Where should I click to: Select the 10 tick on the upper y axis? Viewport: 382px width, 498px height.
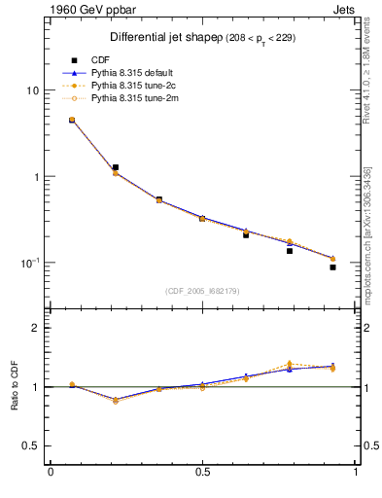[x=32, y=90]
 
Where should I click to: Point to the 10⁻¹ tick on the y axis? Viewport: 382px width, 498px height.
[x=29, y=263]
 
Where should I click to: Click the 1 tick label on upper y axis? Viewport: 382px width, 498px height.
[x=35, y=177]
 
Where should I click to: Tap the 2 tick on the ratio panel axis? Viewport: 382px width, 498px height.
[x=35, y=328]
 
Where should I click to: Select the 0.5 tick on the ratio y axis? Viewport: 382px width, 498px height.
[x=31, y=445]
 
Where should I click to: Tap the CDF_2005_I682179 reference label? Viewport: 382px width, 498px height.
[x=202, y=290]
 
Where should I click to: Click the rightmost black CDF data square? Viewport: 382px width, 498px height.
[x=332, y=267]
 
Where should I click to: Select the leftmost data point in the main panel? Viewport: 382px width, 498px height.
[x=71, y=120]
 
